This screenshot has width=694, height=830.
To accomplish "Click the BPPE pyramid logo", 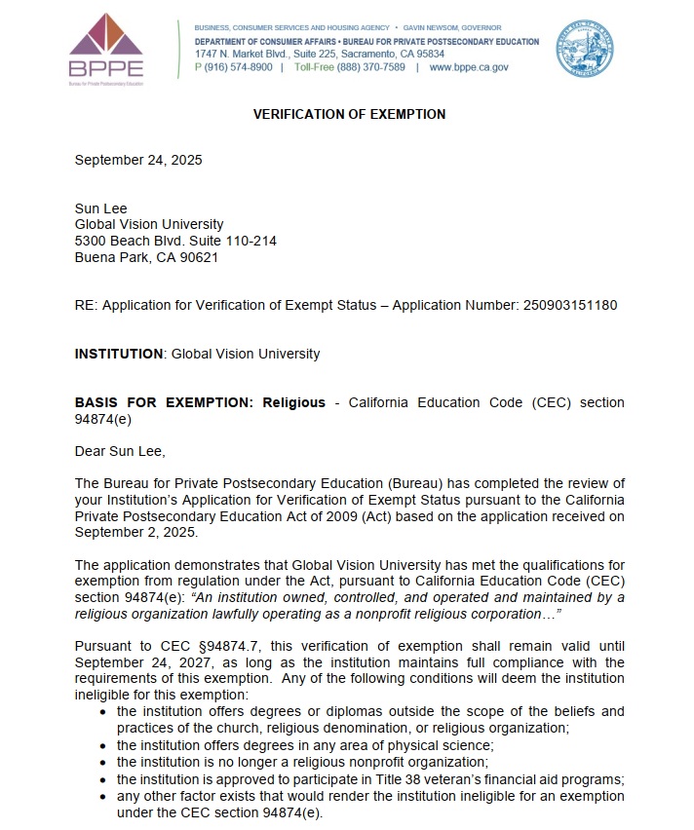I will [106, 45].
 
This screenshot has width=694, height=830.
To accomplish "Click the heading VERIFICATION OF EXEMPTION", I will [349, 114].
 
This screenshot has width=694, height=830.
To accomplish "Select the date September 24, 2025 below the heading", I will [138, 161].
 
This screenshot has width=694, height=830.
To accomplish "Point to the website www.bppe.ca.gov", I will [469, 67].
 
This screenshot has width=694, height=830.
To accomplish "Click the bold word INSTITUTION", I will [118, 354].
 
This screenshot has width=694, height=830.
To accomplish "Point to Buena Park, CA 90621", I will [146, 258].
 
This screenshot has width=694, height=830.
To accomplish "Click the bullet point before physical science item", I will [103, 745].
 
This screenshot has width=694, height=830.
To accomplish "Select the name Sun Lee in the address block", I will [101, 208].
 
